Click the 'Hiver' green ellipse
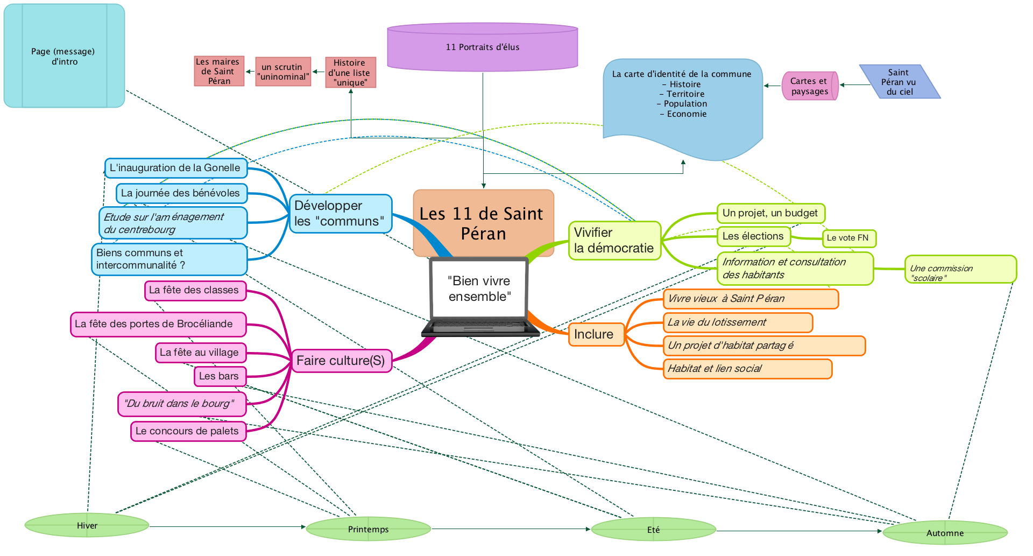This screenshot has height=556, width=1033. pyautogui.click(x=87, y=525)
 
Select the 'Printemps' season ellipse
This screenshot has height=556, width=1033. pyautogui.click(x=368, y=529)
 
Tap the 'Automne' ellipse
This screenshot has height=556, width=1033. pyautogui.click(x=945, y=533)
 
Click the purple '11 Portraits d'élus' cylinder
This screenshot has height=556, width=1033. pyautogui.click(x=482, y=47)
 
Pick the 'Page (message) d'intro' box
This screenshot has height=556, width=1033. pyautogui.click(x=63, y=56)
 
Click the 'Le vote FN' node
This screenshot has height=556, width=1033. pyautogui.click(x=848, y=238)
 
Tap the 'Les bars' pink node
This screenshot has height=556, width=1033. pyautogui.click(x=219, y=376)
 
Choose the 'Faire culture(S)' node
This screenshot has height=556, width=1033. pyautogui.click(x=341, y=361)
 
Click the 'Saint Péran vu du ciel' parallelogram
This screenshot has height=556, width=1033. pyautogui.click(x=900, y=82)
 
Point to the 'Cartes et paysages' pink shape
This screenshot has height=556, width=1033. pyautogui.click(x=809, y=86)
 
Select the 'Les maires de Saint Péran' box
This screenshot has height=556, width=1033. pyautogui.click(x=219, y=72)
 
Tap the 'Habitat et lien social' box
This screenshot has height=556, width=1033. pyautogui.click(x=747, y=369)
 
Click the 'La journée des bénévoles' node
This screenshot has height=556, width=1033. pyautogui.click(x=181, y=193)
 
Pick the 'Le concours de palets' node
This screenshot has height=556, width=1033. pyautogui.click(x=188, y=431)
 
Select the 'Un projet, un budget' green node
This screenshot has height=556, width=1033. pyautogui.click(x=770, y=213)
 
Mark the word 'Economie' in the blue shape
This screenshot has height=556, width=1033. pyautogui.click(x=686, y=114)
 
